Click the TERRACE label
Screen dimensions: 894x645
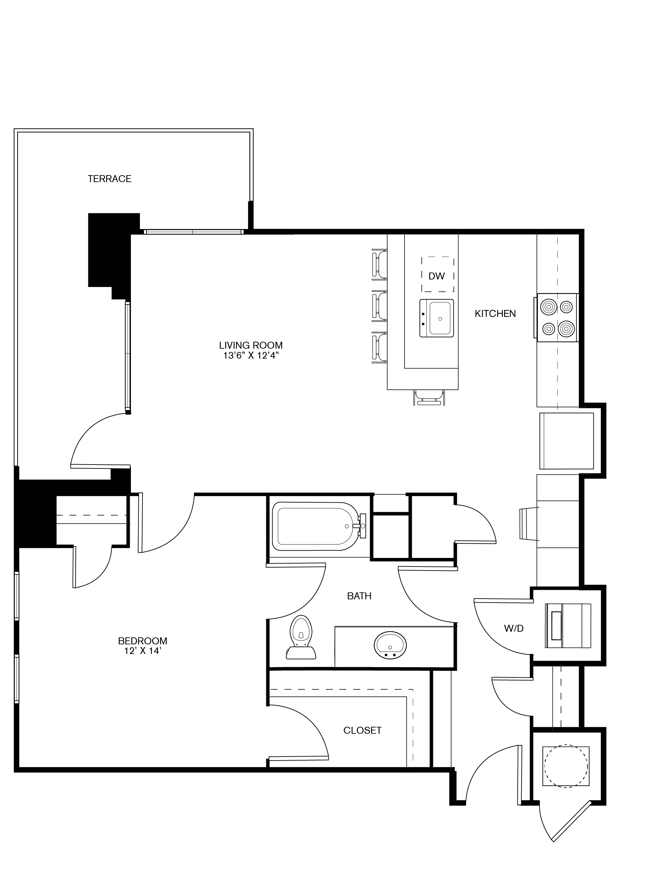click(x=109, y=178)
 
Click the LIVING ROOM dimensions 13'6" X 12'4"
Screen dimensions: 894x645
click(x=251, y=356)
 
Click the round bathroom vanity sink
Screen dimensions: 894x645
click(x=390, y=645)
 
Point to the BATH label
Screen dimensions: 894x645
click(x=359, y=596)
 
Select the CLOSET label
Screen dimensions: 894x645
click(x=362, y=730)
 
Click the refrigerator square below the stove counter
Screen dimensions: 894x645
click(x=566, y=441)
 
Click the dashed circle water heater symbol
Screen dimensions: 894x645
click(x=566, y=766)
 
